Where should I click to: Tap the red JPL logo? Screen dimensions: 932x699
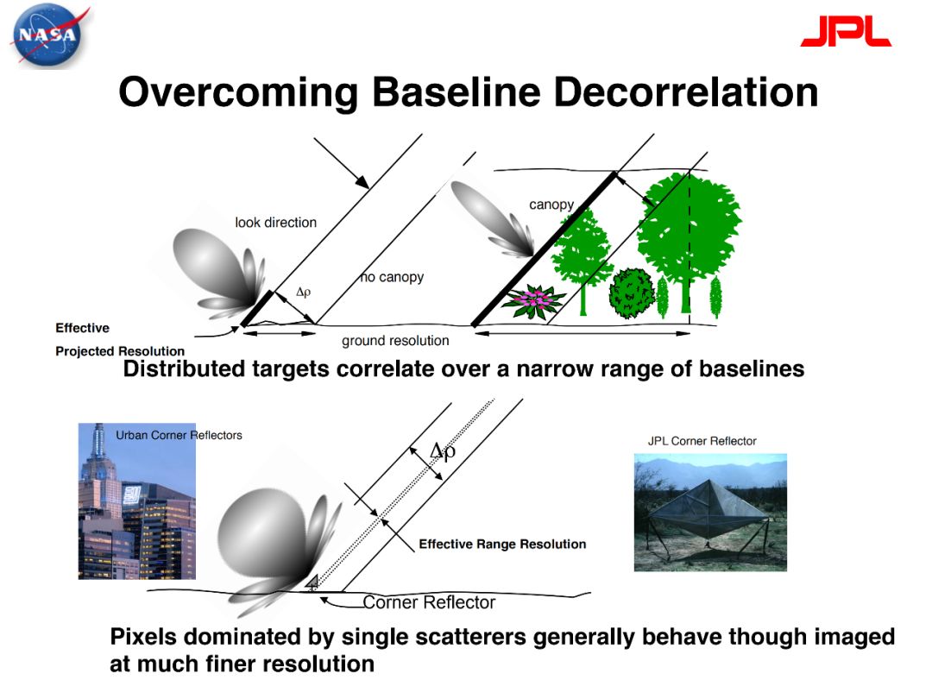(x=845, y=31)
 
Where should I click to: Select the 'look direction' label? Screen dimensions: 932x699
(x=276, y=223)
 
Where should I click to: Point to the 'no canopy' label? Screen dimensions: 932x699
(x=393, y=277)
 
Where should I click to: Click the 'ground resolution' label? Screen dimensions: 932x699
(x=395, y=341)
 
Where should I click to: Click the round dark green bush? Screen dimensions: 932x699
(x=632, y=293)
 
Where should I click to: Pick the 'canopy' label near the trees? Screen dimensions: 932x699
(x=551, y=205)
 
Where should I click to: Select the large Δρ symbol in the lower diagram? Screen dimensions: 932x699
(x=443, y=451)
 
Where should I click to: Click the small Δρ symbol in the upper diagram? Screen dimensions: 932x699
(x=303, y=292)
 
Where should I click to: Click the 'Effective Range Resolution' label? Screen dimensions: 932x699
(x=502, y=544)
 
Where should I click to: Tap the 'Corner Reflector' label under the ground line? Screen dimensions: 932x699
(x=429, y=602)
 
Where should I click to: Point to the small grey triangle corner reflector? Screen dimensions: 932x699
(x=312, y=582)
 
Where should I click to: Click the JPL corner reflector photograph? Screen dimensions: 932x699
(x=710, y=513)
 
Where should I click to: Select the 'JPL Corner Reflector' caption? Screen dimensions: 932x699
(x=702, y=441)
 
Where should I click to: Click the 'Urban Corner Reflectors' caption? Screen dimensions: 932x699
(x=179, y=435)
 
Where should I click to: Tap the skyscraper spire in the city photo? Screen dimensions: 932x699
(x=99, y=437)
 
